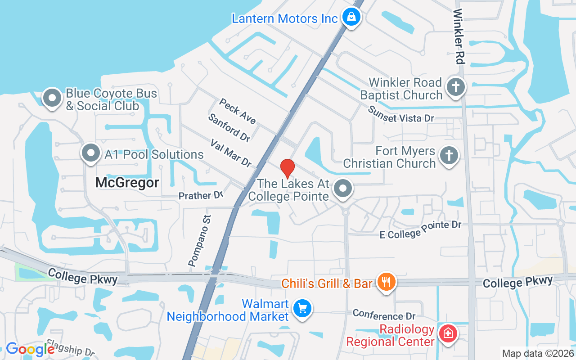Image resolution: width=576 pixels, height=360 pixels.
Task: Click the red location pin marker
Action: [288, 168]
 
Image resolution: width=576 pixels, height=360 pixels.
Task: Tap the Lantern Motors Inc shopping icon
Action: [351, 18]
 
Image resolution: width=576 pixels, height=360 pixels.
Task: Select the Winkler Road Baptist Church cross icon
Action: [456, 87]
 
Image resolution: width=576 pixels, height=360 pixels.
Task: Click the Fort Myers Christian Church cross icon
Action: [449, 156]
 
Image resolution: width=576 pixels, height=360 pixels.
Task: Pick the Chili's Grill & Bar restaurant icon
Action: [386, 282]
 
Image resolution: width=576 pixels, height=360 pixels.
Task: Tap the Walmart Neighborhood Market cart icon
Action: [302, 309]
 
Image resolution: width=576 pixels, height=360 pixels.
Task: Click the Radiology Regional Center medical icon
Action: [448, 334]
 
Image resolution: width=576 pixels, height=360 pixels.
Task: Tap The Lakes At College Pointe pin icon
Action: [343, 189]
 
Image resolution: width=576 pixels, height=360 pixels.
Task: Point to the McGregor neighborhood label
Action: [127, 183]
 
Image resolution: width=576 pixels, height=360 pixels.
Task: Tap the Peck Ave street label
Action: [238, 111]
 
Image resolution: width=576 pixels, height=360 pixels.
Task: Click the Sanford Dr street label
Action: [229, 127]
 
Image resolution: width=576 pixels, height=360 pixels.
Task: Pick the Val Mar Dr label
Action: [231, 153]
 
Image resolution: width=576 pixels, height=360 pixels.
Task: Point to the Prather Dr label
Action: [201, 196]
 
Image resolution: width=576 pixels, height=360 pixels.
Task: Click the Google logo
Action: [30, 349]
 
